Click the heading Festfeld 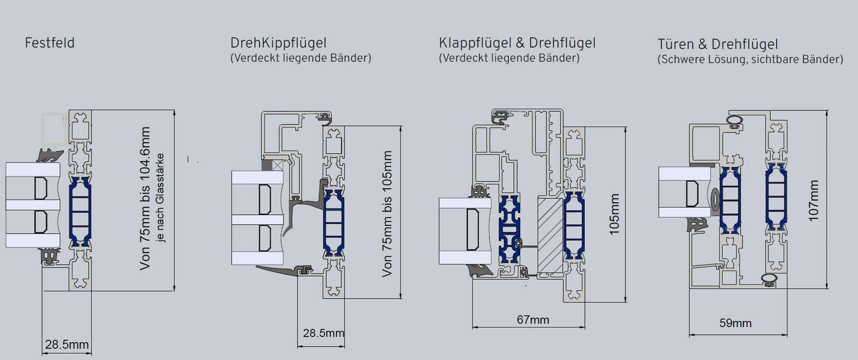click(x=50, y=43)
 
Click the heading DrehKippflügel click(x=278, y=43)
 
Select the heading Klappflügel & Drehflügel click(x=517, y=43)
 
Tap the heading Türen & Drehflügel click(x=718, y=44)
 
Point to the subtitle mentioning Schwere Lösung click(x=750, y=60)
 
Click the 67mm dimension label click(x=533, y=320)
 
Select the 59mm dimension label click(x=735, y=323)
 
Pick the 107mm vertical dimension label click(x=813, y=201)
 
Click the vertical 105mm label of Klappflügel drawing click(x=614, y=214)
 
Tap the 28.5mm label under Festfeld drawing click(x=67, y=344)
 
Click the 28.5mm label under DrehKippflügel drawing click(x=323, y=333)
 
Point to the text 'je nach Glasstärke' click(x=160, y=197)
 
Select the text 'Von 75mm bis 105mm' click(x=387, y=214)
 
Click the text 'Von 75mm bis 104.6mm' click(x=145, y=198)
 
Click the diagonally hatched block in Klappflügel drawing click(x=550, y=235)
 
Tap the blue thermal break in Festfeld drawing click(x=80, y=211)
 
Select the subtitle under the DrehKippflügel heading click(x=301, y=58)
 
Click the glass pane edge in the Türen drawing click(x=684, y=192)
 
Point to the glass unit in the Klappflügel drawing click(x=465, y=231)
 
